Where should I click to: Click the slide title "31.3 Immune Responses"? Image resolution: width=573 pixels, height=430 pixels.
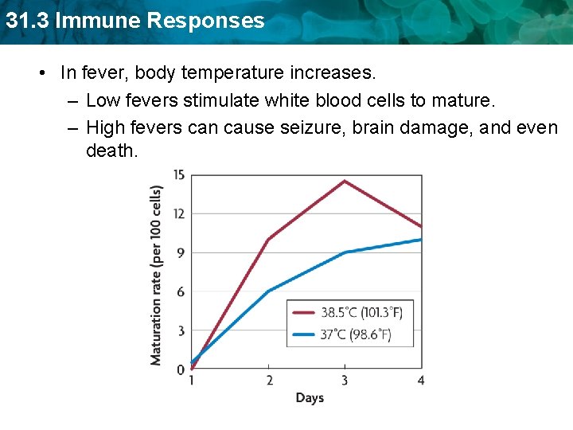point(133,21)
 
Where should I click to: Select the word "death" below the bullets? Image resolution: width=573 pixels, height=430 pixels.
point(111,150)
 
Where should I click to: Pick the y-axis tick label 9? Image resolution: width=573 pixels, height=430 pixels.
point(181,252)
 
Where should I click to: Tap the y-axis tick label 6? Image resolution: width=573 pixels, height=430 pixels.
point(181,291)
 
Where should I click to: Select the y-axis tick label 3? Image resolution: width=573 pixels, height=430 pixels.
point(181,330)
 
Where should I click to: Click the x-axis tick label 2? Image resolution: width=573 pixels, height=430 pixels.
point(269,381)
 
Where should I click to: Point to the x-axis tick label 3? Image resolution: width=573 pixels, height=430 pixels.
point(345,381)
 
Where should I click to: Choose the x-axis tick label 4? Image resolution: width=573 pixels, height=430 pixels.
point(421,381)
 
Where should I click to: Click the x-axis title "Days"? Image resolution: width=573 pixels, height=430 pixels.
point(310,397)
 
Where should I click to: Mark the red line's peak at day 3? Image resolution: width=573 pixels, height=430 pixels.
point(345,181)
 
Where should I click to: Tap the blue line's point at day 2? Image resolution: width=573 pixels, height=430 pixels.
point(269,291)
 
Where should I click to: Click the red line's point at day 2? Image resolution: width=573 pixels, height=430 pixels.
point(269,239)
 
